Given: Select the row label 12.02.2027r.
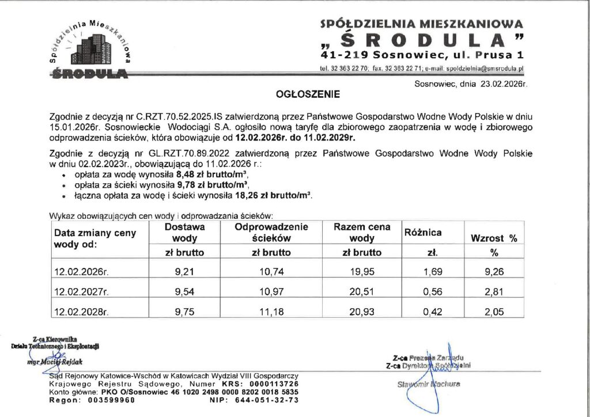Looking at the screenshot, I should tap(81, 293).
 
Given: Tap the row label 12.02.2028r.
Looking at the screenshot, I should tap(81, 313).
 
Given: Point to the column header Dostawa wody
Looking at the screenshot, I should tap(185, 233).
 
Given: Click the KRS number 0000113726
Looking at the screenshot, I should tap(275, 383).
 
